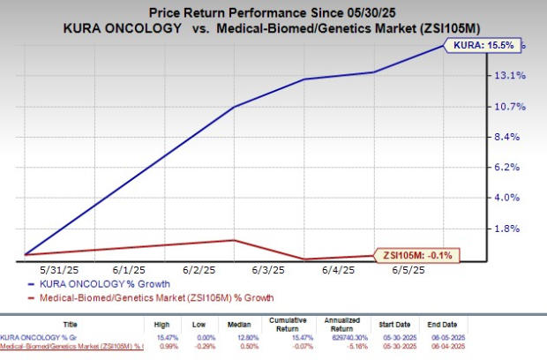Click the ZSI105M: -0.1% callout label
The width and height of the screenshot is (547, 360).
418,255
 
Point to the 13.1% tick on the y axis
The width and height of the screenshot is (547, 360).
515,76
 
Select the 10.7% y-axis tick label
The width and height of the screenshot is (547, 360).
515,107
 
